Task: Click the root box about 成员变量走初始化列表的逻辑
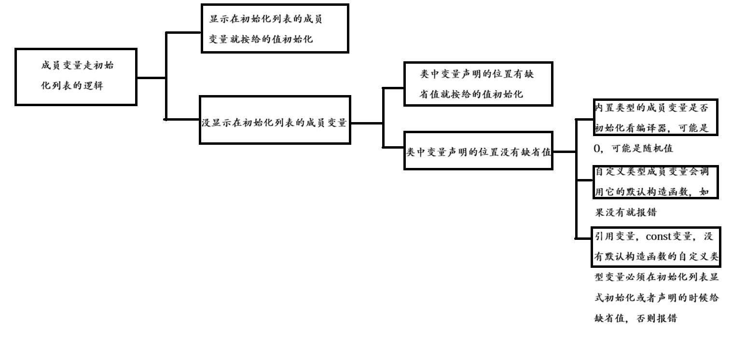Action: click(x=76, y=76)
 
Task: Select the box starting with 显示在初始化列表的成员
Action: click(x=274, y=28)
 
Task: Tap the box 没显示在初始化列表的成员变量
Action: click(x=274, y=119)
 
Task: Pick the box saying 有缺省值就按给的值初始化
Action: click(x=478, y=83)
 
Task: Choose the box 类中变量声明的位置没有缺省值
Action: click(x=478, y=150)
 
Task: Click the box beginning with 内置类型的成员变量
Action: click(x=655, y=118)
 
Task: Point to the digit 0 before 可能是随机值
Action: click(x=597, y=149)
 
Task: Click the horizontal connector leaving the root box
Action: click(x=152, y=77)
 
